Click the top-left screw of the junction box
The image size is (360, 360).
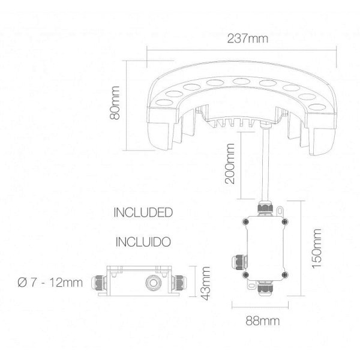point(247,221)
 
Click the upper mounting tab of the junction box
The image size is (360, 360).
point(279,211)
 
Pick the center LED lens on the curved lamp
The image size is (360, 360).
point(242,82)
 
